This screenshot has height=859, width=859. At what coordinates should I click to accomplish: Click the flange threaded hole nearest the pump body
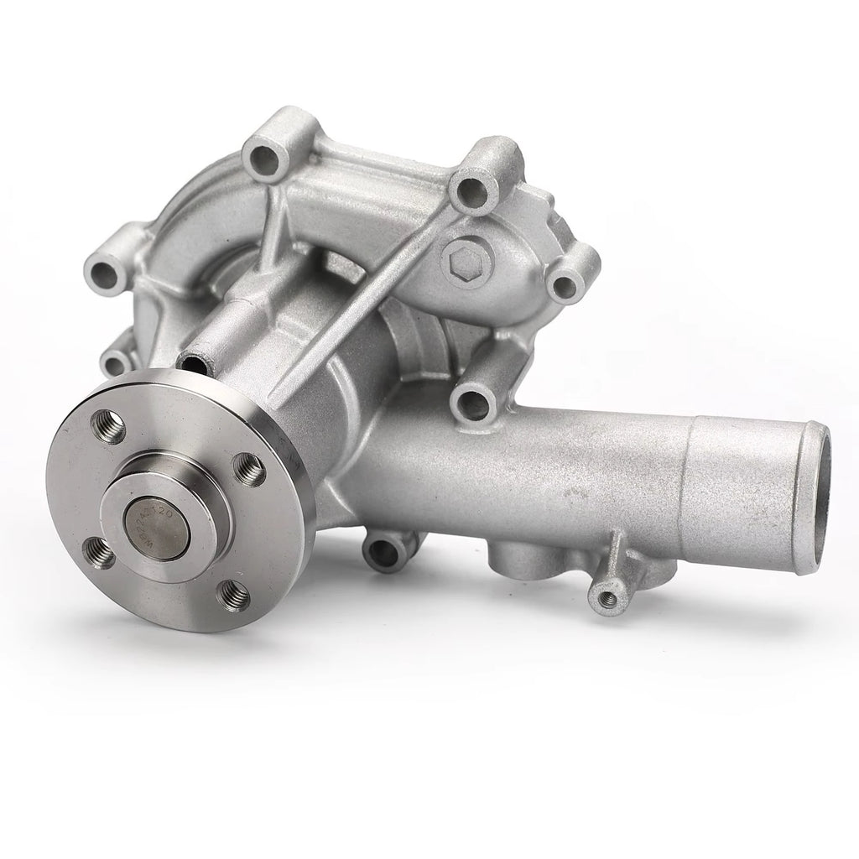249,469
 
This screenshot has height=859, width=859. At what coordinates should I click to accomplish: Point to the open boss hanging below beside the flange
386,550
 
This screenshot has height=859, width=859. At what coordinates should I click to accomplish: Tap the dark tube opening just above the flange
193,364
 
